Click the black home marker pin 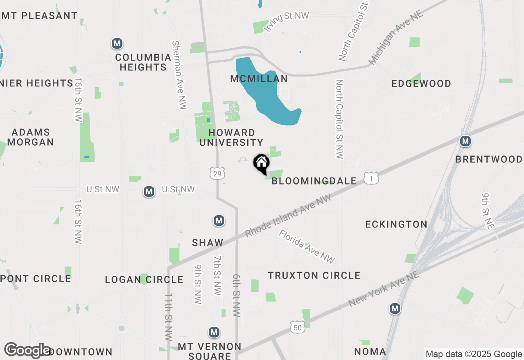pyautogui.click(x=261, y=163)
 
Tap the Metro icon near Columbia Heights pyautogui.click(x=117, y=43)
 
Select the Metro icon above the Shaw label pyautogui.click(x=219, y=221)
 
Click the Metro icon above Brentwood pyautogui.click(x=465, y=142)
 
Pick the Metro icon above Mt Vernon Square pyautogui.click(x=214, y=332)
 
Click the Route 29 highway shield pyautogui.click(x=217, y=173)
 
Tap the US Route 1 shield pyautogui.click(x=371, y=178)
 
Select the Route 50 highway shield pyautogui.click(x=298, y=327)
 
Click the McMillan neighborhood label pyautogui.click(x=259, y=79)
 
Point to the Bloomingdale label pyautogui.click(x=314, y=181)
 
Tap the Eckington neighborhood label pyautogui.click(x=396, y=224)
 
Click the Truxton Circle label pyautogui.click(x=314, y=275)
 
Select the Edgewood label pyautogui.click(x=421, y=84)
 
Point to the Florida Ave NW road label pyautogui.click(x=307, y=246)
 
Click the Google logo pyautogui.click(x=28, y=351)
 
